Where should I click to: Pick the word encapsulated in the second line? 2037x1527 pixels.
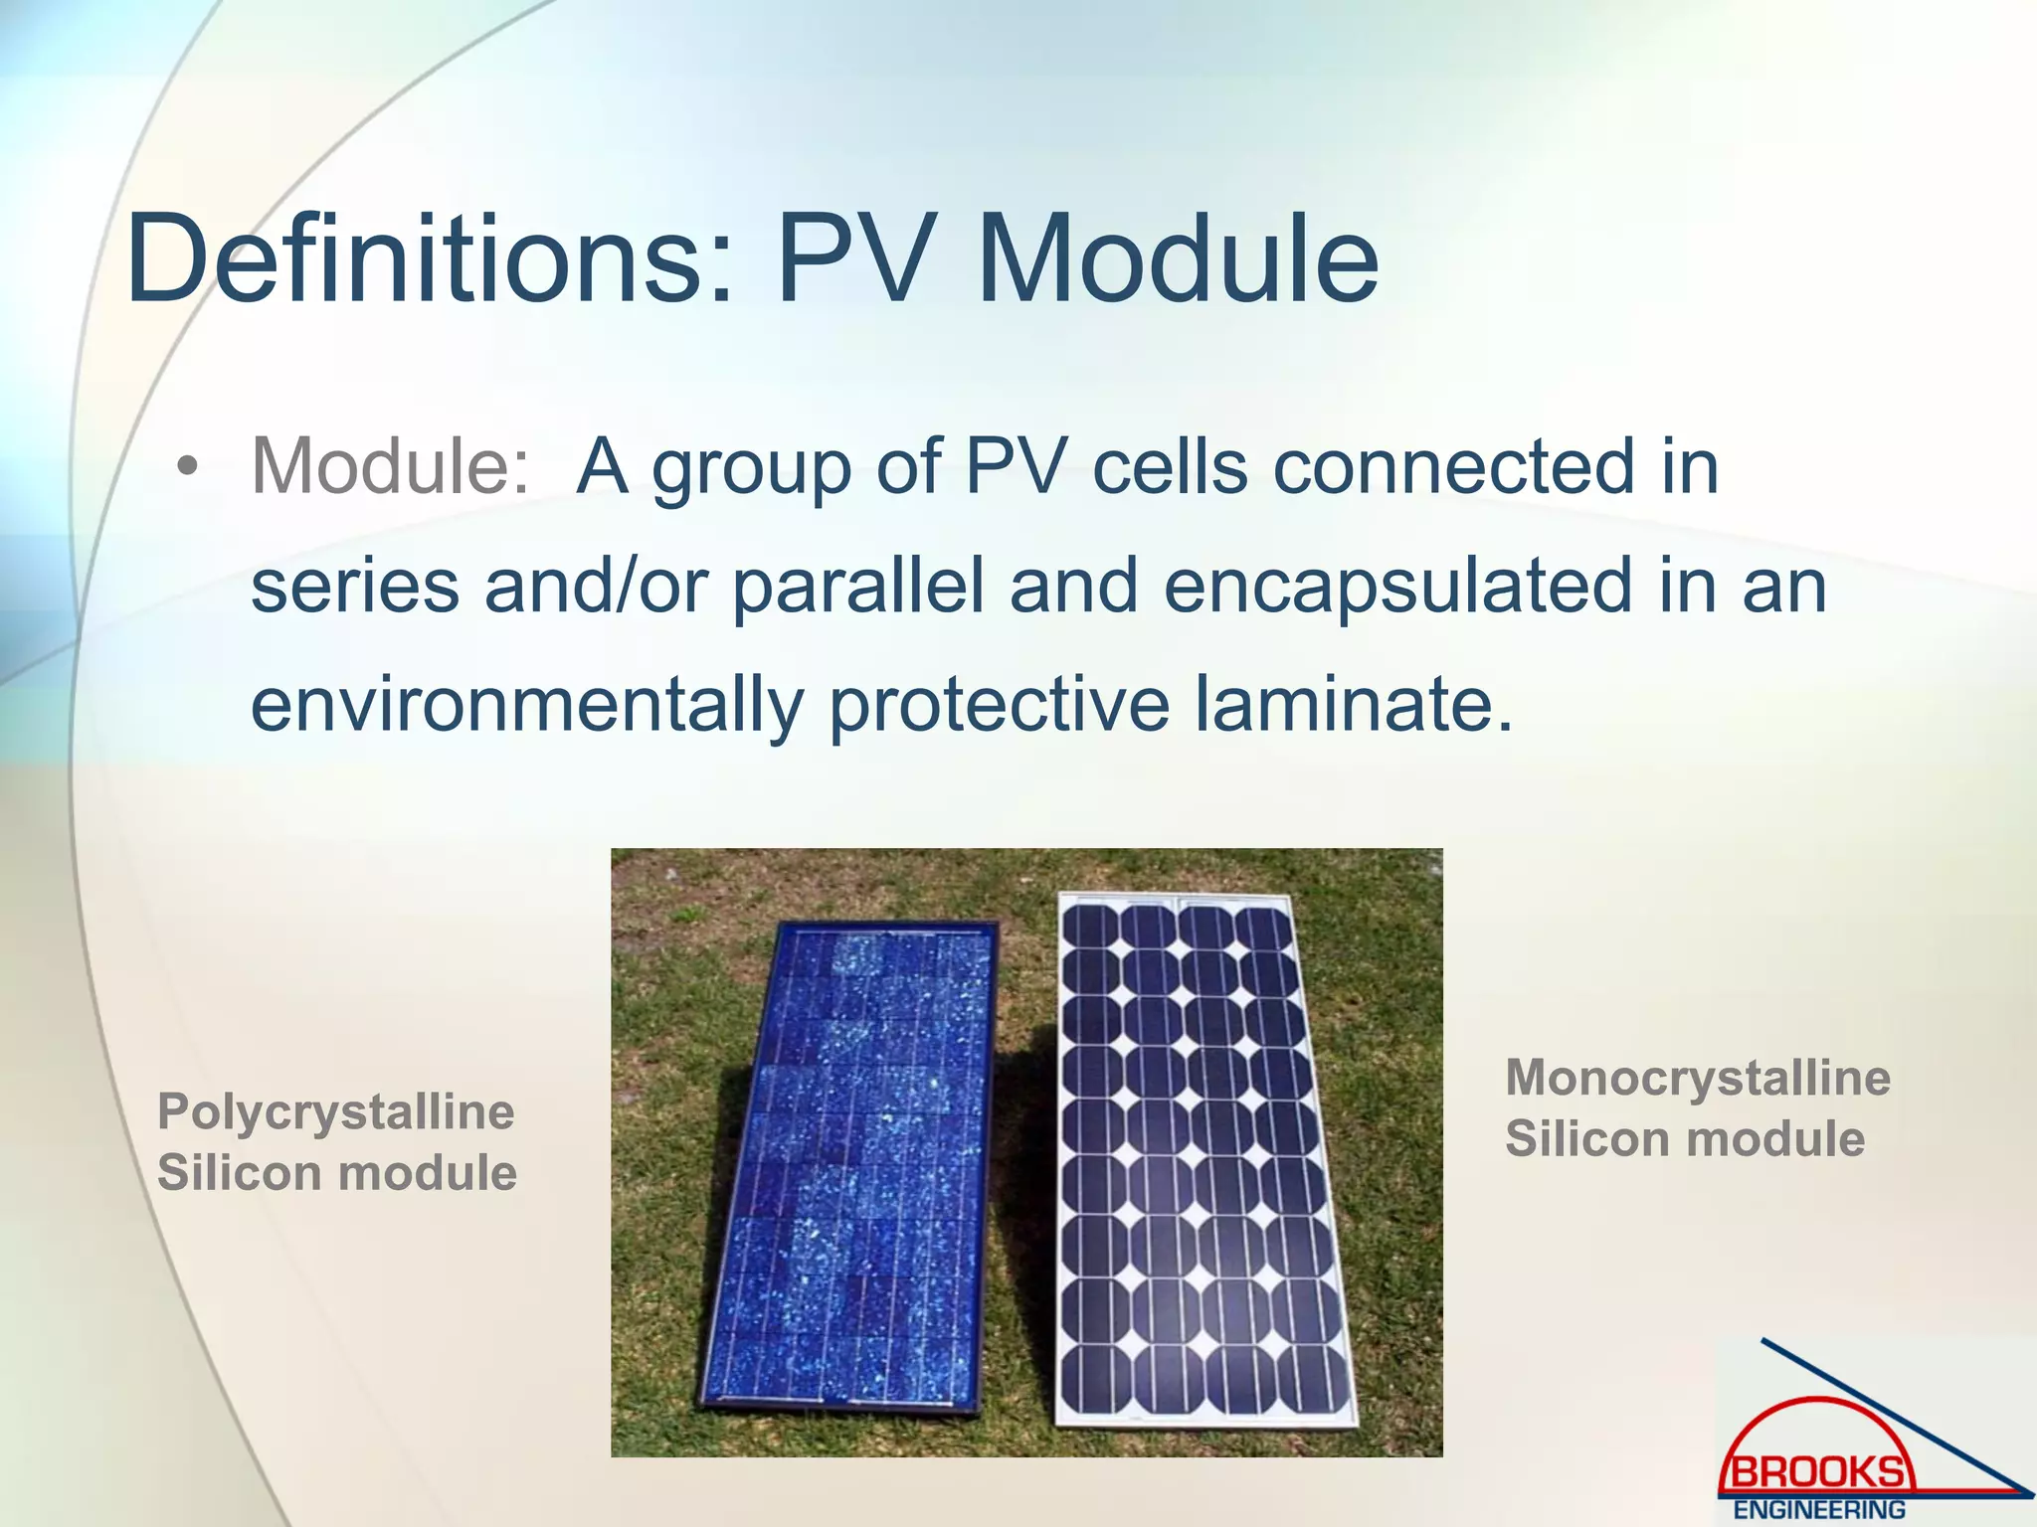1397,586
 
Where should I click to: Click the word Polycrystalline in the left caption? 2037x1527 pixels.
336,1111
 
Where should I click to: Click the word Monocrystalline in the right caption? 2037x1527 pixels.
1697,1078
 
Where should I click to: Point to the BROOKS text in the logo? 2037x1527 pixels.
1817,1471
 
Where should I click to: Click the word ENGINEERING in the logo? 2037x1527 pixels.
1819,1510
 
